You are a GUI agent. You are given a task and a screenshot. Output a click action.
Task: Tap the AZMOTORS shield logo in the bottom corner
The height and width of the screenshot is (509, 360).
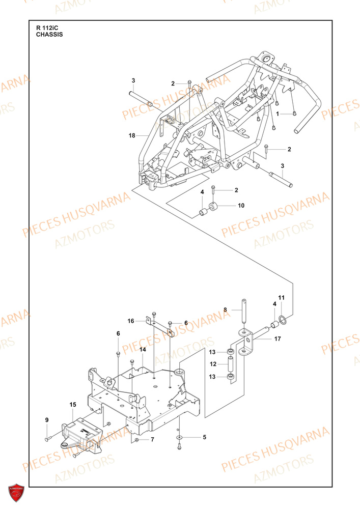point(16,493)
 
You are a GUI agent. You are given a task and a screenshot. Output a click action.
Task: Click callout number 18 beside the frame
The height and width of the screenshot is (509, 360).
point(132,135)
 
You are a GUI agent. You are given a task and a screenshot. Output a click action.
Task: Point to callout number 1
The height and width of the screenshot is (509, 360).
point(278,113)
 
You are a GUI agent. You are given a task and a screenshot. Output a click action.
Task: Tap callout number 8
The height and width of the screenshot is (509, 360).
point(226,309)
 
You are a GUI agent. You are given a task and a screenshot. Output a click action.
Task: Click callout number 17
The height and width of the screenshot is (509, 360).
point(278,338)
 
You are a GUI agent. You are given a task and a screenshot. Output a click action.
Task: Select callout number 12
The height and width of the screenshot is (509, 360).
point(213,364)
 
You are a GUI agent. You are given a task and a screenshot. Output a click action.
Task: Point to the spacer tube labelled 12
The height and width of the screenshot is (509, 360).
point(231,365)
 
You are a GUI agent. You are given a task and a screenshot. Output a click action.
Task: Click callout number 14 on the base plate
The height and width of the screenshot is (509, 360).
point(143,350)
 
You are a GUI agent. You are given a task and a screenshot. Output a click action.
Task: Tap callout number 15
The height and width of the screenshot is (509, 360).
point(73,405)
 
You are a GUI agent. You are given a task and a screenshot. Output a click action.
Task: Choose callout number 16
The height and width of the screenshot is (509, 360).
point(131,321)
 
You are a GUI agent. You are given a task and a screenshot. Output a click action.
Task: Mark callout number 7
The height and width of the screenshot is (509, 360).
point(153,439)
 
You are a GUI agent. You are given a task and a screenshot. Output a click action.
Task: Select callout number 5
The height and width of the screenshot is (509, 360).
point(204,437)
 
